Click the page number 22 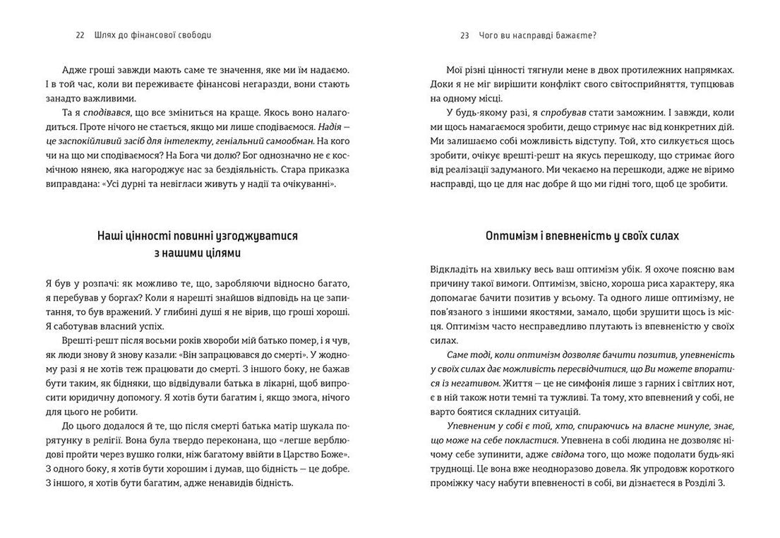pyautogui.click(x=80, y=35)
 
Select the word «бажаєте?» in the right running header pyautogui.click(x=578, y=35)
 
